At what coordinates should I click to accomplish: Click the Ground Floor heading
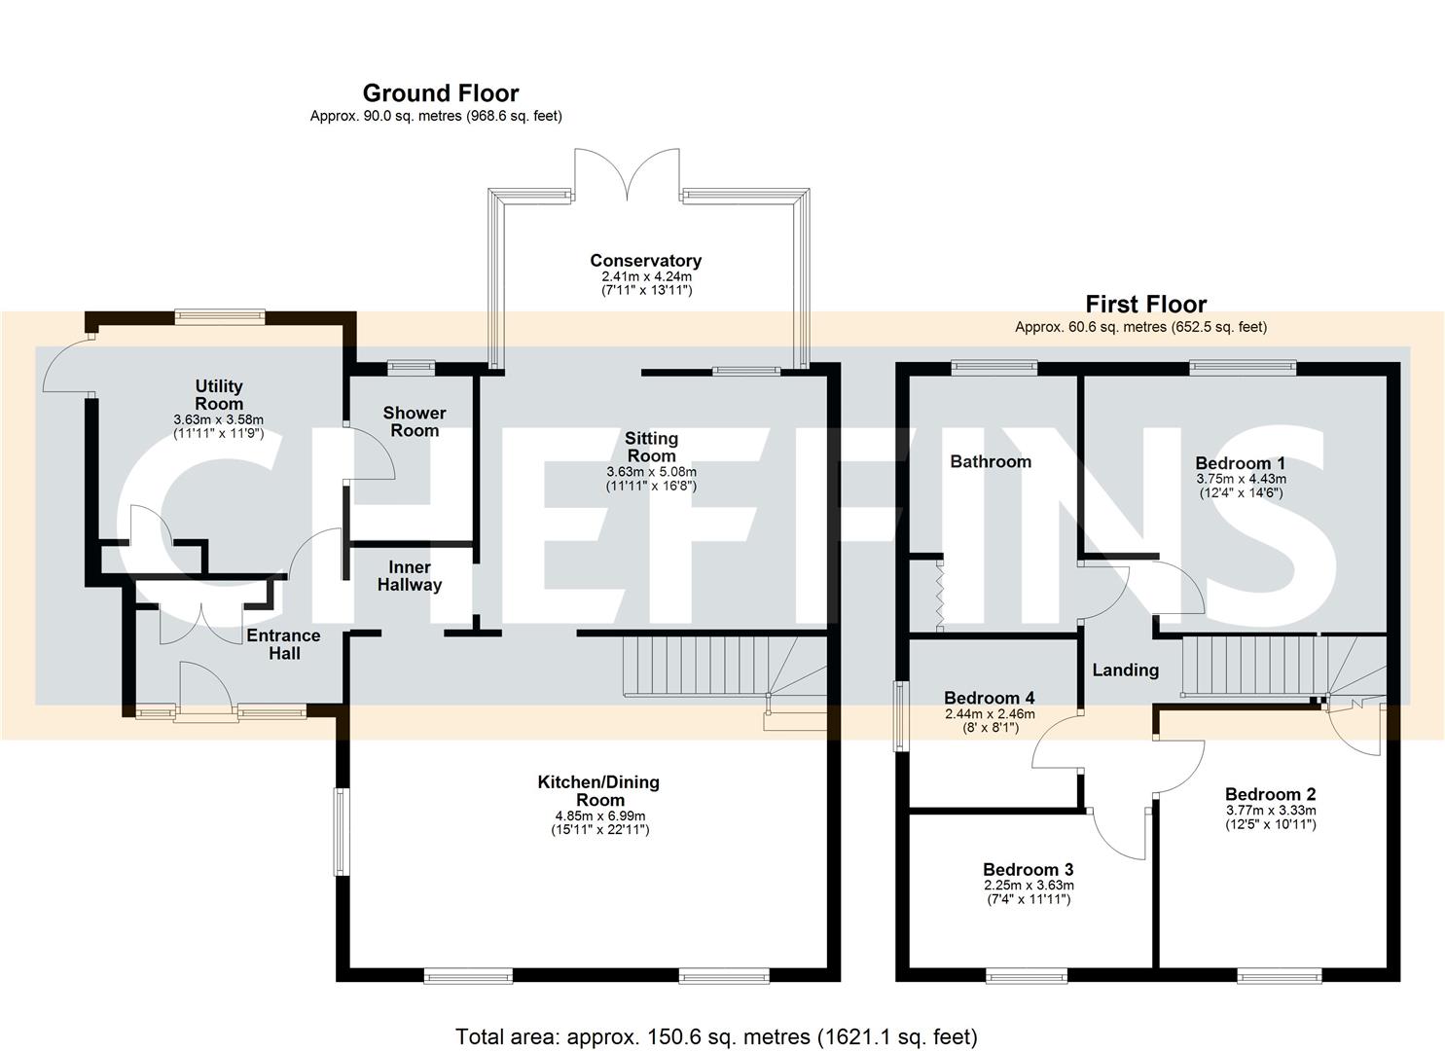point(440,93)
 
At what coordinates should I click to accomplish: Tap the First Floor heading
point(1145,305)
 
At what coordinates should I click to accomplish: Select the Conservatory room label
point(645,261)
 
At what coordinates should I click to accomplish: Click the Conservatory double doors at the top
point(627,175)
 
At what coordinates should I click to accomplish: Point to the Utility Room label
point(219,395)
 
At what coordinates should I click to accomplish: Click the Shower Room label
point(415,421)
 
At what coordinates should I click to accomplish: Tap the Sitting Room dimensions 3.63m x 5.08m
point(651,472)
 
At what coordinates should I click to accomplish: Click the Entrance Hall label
point(283,644)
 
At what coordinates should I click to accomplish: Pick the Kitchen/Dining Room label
point(598,790)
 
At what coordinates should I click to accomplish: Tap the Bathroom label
point(991,461)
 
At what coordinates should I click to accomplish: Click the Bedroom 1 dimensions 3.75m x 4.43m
point(1241,479)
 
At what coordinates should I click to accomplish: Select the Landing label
point(1125,670)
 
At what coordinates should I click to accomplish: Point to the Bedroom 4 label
point(989,698)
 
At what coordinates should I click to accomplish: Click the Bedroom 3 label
point(1028,869)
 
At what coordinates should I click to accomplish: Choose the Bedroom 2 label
point(1270,794)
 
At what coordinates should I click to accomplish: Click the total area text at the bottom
point(716,1036)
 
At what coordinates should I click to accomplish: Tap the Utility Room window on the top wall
point(220,314)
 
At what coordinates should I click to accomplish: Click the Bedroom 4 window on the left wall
point(900,716)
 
